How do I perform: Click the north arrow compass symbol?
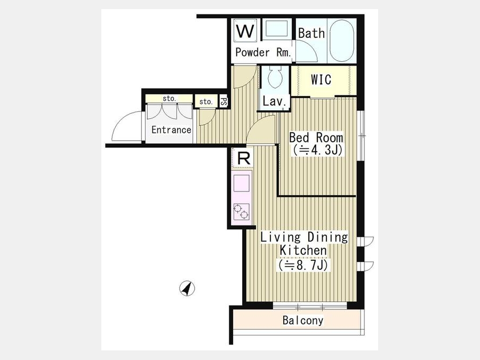pyautogui.click(x=187, y=289)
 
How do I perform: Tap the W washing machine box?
pyautogui.click(x=246, y=30)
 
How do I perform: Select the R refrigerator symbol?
pyautogui.click(x=243, y=158)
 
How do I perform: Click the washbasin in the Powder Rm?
pyautogui.click(x=276, y=29)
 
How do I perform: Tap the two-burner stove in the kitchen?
pyautogui.click(x=242, y=212)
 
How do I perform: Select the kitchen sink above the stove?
pyautogui.click(x=242, y=183)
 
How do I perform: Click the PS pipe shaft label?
pyautogui.click(x=224, y=101)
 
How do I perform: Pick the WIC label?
pyautogui.click(x=321, y=79)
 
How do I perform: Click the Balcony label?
pyautogui.click(x=303, y=321)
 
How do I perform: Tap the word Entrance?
pyautogui.click(x=171, y=130)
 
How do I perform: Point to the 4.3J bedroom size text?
pyautogui.click(x=316, y=150)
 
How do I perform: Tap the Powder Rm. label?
pyautogui.click(x=263, y=53)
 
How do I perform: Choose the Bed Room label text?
pyautogui.click(x=316, y=138)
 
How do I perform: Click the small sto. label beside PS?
pyautogui.click(x=206, y=102)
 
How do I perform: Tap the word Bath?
pyautogui.click(x=311, y=33)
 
